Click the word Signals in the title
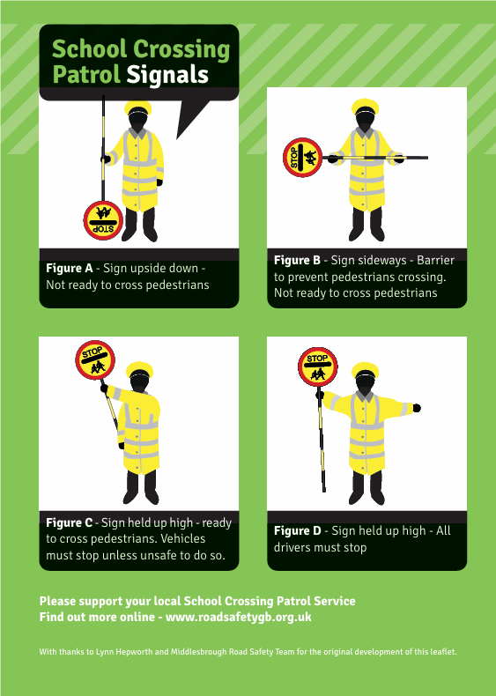click(x=167, y=75)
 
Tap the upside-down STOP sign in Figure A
click(x=103, y=220)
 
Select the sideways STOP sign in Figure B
click(x=302, y=158)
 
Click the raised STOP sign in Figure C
click(x=95, y=360)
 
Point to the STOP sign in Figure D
click(x=317, y=367)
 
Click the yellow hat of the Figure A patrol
click(x=137, y=107)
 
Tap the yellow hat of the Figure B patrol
click(x=365, y=106)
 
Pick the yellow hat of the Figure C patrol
click(x=139, y=369)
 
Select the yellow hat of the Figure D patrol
click(x=365, y=369)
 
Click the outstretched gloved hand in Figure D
click(x=417, y=408)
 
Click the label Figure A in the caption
click(x=70, y=269)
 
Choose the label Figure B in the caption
click(x=297, y=261)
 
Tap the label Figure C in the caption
click(x=70, y=523)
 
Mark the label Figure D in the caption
click(x=297, y=531)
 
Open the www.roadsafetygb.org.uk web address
click(x=239, y=618)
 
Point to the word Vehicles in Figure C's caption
click(x=183, y=539)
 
